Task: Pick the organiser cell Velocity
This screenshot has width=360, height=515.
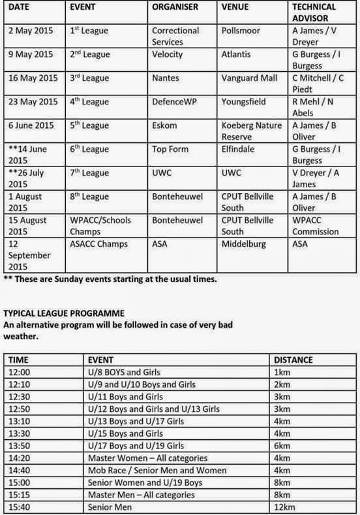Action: click(168, 54)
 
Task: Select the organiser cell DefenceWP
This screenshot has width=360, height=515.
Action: click(173, 101)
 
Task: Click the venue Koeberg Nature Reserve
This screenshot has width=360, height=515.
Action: click(252, 131)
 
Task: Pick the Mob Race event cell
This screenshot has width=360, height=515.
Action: click(157, 470)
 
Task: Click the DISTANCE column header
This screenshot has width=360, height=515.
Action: click(293, 360)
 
